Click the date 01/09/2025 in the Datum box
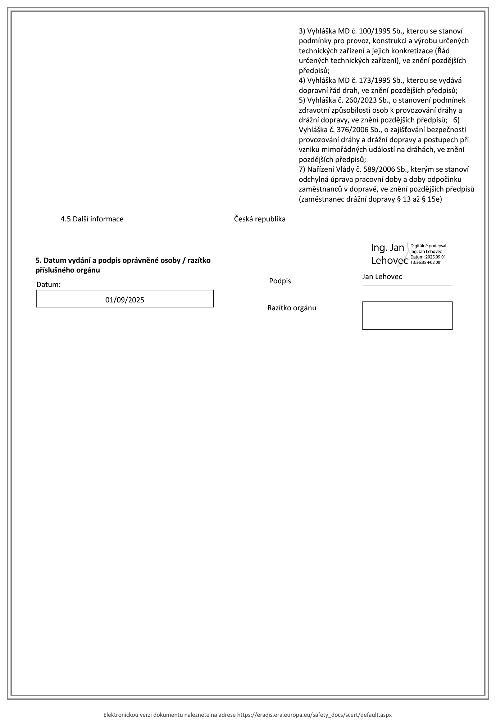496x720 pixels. coord(124,300)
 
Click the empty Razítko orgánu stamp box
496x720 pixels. coord(407,316)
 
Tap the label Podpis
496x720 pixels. coord(280,281)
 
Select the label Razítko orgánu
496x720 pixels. coord(292,308)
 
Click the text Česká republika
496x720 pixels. coord(260,219)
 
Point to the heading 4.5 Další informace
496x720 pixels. coord(92,219)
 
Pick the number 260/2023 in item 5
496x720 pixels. coord(356,100)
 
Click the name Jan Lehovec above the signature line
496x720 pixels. coord(382,276)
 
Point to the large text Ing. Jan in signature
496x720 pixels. coord(387,248)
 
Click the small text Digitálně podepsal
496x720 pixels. coord(428,246)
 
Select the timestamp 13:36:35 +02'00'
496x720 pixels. coord(426,262)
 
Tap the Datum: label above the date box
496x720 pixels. coord(49,284)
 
